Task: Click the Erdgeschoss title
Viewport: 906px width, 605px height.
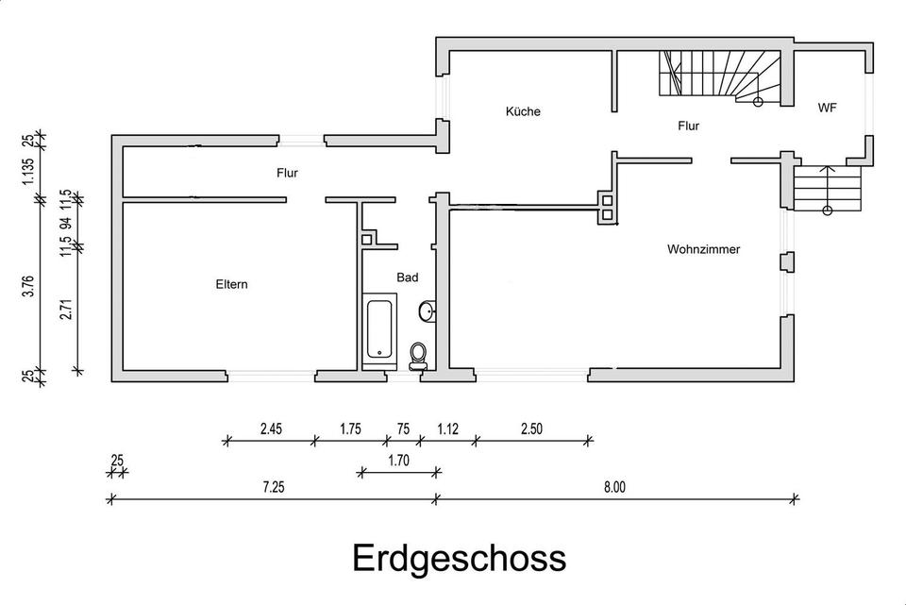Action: click(460, 558)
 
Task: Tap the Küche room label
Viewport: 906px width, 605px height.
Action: click(523, 112)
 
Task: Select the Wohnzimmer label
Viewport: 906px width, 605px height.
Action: click(703, 250)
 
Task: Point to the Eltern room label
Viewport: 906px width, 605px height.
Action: click(231, 284)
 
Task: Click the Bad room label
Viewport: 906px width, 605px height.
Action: click(408, 277)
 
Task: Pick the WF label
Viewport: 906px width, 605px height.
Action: click(827, 109)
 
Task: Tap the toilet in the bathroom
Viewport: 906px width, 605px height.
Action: click(418, 356)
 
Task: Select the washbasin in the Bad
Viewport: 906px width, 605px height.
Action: click(426, 311)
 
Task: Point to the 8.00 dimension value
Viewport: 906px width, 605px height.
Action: click(614, 487)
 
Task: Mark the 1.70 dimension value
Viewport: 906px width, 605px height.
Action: click(399, 462)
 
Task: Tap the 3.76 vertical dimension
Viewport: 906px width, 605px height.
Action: click(29, 285)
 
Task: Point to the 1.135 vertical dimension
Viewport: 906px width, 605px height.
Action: click(29, 170)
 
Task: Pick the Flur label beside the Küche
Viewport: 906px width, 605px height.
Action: click(688, 126)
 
